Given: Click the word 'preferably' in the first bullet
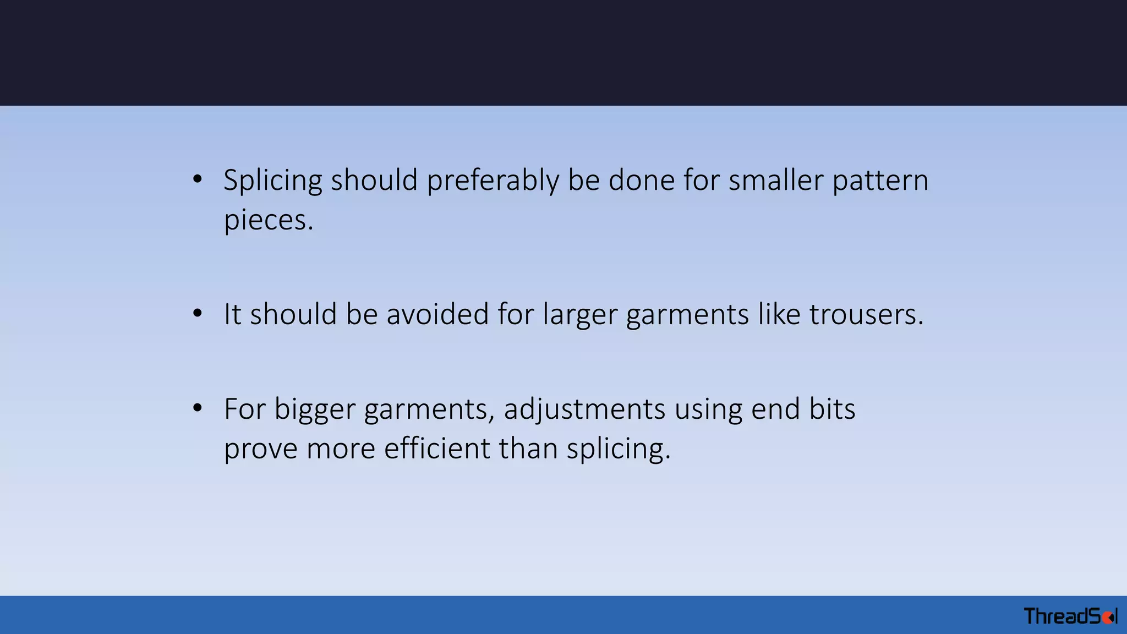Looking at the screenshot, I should (493, 181).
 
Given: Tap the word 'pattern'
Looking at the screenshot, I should (880, 181).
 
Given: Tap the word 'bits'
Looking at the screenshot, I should (832, 409).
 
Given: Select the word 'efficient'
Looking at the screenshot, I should (436, 449).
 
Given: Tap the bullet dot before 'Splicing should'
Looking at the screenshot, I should (198, 179).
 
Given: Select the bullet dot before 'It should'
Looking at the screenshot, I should (198, 314).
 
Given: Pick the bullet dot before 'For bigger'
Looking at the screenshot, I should (198, 408).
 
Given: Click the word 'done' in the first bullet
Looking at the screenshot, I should (641, 180).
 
